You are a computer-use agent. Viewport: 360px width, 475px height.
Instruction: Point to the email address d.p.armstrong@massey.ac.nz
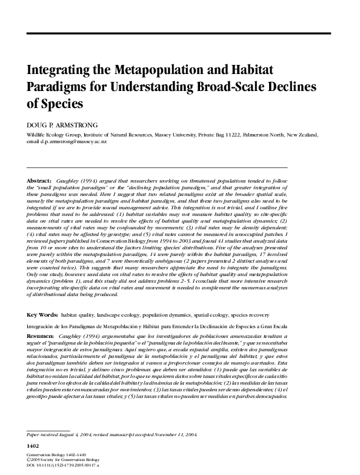click(75, 141)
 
